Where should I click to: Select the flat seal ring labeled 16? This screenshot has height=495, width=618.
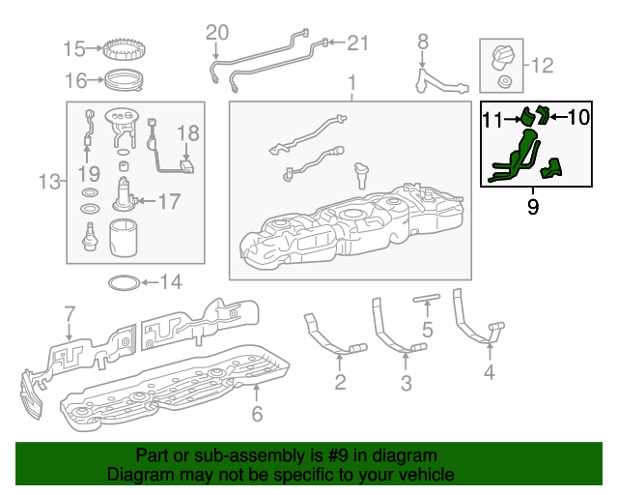124,78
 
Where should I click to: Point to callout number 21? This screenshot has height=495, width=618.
358,43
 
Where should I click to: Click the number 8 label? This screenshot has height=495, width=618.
422,41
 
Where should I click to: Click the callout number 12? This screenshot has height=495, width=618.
542,66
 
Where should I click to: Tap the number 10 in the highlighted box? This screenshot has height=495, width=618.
577,117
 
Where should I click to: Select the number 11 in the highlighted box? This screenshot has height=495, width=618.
493,119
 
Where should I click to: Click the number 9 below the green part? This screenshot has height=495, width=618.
533,206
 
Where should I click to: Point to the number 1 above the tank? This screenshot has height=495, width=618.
352,83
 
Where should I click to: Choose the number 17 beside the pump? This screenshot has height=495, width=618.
169,202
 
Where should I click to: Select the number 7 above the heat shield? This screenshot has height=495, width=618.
70,313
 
